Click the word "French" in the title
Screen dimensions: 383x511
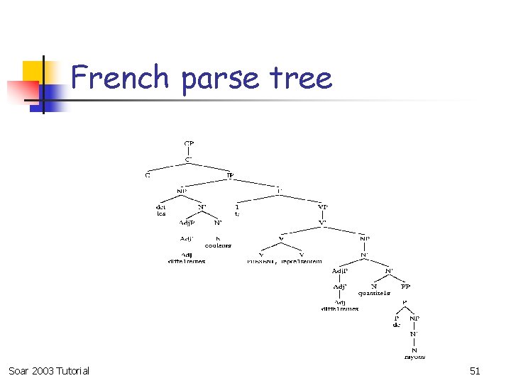(120, 77)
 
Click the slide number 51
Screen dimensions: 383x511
(476, 371)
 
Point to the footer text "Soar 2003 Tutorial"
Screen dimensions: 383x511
(49, 371)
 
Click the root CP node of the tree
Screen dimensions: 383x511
(189, 143)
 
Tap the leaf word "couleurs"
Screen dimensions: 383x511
(218, 245)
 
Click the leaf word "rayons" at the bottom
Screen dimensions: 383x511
(414, 357)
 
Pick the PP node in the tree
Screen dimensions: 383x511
(405, 287)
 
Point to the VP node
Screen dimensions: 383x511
(323, 207)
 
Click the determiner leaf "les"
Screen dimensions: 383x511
(161, 213)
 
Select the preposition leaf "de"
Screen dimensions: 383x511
(397, 325)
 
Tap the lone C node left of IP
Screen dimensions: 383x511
(148, 174)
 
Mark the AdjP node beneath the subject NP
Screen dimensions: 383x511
(187, 223)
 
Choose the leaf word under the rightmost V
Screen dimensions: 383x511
(301, 261)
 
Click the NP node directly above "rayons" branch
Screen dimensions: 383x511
(414, 318)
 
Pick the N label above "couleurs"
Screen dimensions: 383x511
(218, 238)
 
